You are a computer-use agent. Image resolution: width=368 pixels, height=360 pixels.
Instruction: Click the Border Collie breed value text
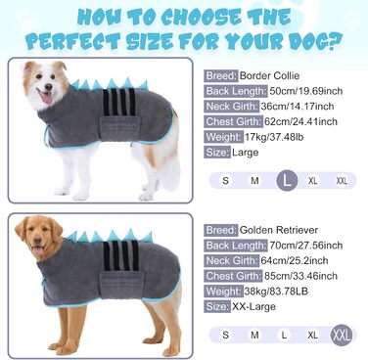click(x=269, y=75)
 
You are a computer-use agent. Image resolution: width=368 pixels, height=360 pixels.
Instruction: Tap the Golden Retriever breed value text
click(x=279, y=230)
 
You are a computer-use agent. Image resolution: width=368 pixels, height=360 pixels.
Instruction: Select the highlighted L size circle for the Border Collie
click(x=287, y=180)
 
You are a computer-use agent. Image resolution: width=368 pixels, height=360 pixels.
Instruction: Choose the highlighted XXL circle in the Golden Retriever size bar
click(x=342, y=335)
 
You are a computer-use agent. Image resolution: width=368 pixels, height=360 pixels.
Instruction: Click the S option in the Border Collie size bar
click(x=225, y=180)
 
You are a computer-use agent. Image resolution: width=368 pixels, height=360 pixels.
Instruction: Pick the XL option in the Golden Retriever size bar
click(x=312, y=335)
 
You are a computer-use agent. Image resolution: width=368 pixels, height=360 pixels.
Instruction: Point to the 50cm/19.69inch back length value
click(x=306, y=91)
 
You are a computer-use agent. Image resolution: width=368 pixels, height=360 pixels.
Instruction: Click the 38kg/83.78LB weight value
click(x=276, y=292)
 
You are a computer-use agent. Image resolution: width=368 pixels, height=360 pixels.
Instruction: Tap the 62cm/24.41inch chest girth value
click(x=300, y=121)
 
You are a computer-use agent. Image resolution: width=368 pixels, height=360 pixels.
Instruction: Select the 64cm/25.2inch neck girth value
click(x=295, y=260)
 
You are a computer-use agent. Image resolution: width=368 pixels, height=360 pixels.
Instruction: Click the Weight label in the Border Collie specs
click(x=224, y=137)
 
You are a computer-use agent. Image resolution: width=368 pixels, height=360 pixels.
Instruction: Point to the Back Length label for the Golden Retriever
click(x=236, y=246)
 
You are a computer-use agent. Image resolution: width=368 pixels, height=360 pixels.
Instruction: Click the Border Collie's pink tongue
click(x=47, y=98)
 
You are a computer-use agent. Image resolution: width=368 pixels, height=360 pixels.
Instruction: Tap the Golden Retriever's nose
click(x=37, y=241)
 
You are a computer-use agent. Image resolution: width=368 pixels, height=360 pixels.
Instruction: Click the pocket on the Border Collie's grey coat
click(x=119, y=128)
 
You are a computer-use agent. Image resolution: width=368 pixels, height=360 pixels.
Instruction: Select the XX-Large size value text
click(x=253, y=306)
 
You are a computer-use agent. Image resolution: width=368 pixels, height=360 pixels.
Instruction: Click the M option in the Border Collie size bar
click(x=254, y=180)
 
